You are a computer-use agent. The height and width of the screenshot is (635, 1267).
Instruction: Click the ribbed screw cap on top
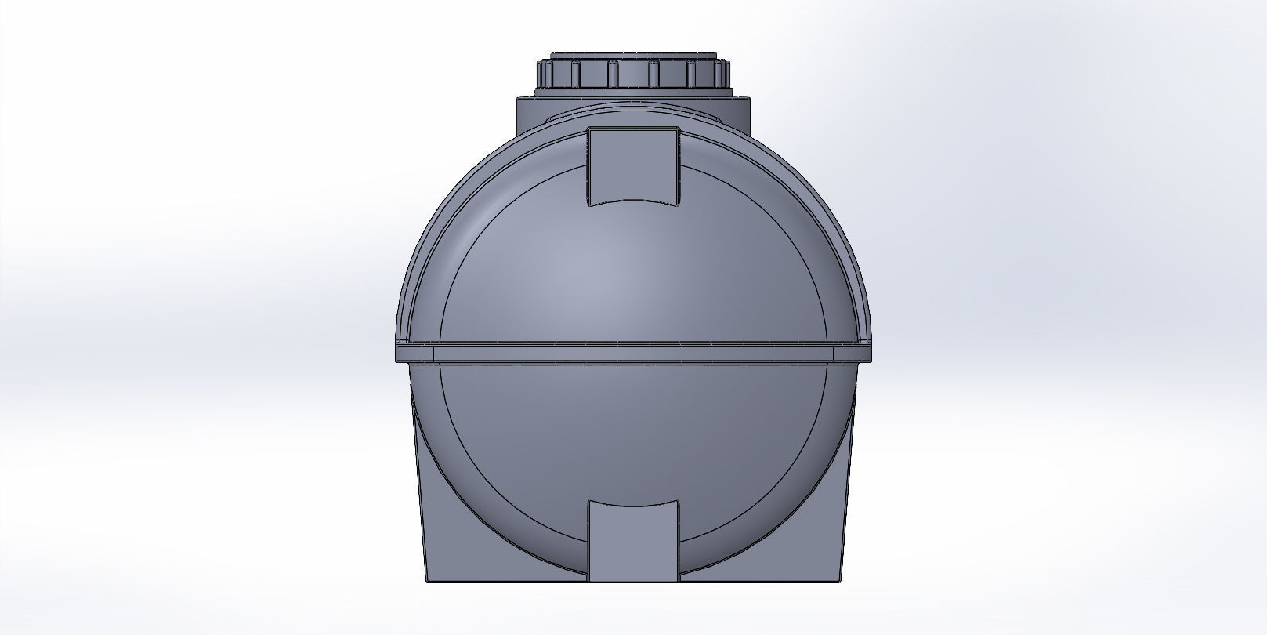633,74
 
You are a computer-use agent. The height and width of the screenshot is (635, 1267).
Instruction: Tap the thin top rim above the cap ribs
633,56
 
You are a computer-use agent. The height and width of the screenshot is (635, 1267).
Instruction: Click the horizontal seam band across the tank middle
633,354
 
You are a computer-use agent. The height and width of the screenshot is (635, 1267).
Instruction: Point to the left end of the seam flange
400,354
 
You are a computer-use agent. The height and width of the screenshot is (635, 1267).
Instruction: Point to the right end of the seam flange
867,354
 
